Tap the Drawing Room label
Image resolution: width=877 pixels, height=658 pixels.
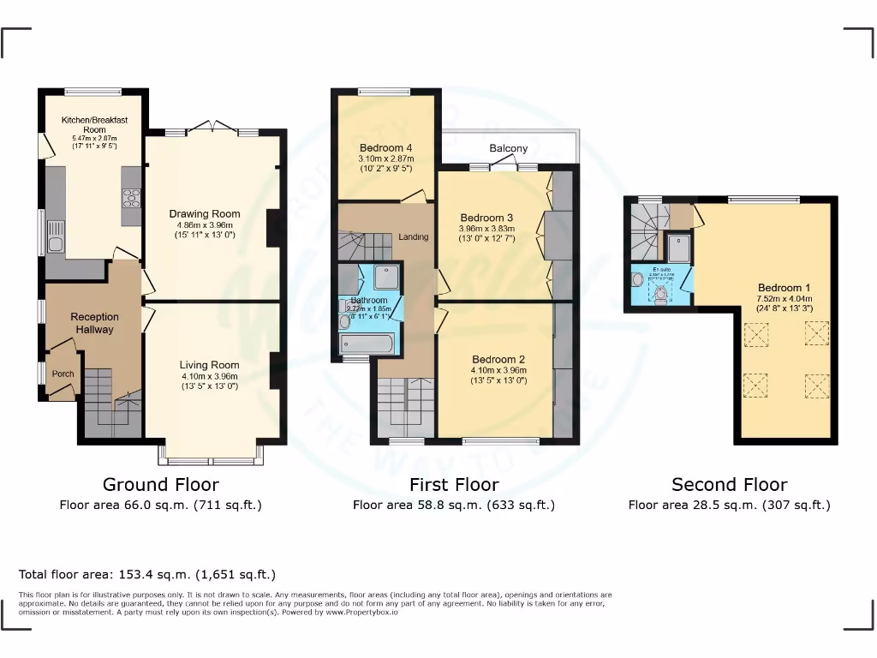tap(204, 214)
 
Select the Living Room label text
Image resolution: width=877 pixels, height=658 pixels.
tap(209, 364)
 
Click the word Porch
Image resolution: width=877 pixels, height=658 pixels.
tap(63, 374)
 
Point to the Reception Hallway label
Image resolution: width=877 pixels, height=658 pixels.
tap(94, 323)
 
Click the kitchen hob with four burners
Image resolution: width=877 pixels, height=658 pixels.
tap(132, 198)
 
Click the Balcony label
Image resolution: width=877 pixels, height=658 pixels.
tap(509, 149)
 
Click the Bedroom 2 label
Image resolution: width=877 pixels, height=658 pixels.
tap(498, 360)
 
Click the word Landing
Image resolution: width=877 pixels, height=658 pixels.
tap(413, 236)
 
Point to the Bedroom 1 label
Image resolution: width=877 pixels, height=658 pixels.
tap(784, 288)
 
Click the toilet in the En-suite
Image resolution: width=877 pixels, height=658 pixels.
tap(660, 295)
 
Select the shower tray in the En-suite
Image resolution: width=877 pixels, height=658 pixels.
tap(679, 247)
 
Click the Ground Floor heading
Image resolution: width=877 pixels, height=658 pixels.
tap(160, 485)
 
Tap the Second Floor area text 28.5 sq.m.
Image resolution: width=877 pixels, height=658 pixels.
tap(729, 505)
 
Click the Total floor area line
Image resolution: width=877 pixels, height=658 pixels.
tap(147, 574)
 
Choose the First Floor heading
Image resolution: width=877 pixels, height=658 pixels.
tap(453, 485)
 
